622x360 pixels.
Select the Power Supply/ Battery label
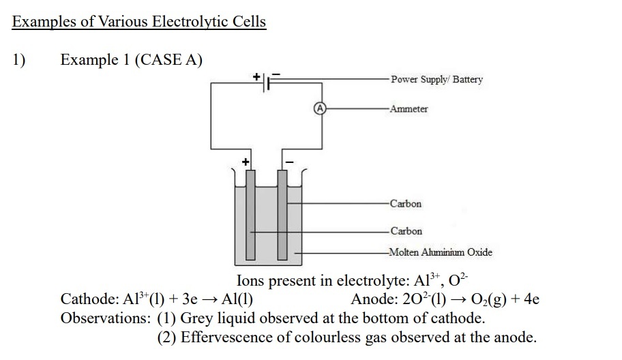pos(436,80)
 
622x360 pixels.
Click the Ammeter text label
pos(409,109)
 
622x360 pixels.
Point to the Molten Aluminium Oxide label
pos(441,252)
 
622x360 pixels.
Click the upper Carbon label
pos(406,204)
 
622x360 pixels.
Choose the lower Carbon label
pos(406,231)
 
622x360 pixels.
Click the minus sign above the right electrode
pos(288,162)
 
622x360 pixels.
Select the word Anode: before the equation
pos(374,299)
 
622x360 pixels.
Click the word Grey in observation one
pos(198,318)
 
